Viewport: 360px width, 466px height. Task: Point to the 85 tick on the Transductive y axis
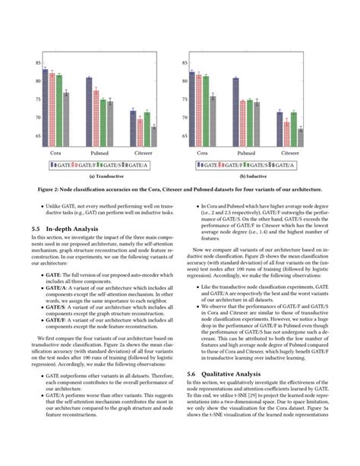(37, 63)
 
